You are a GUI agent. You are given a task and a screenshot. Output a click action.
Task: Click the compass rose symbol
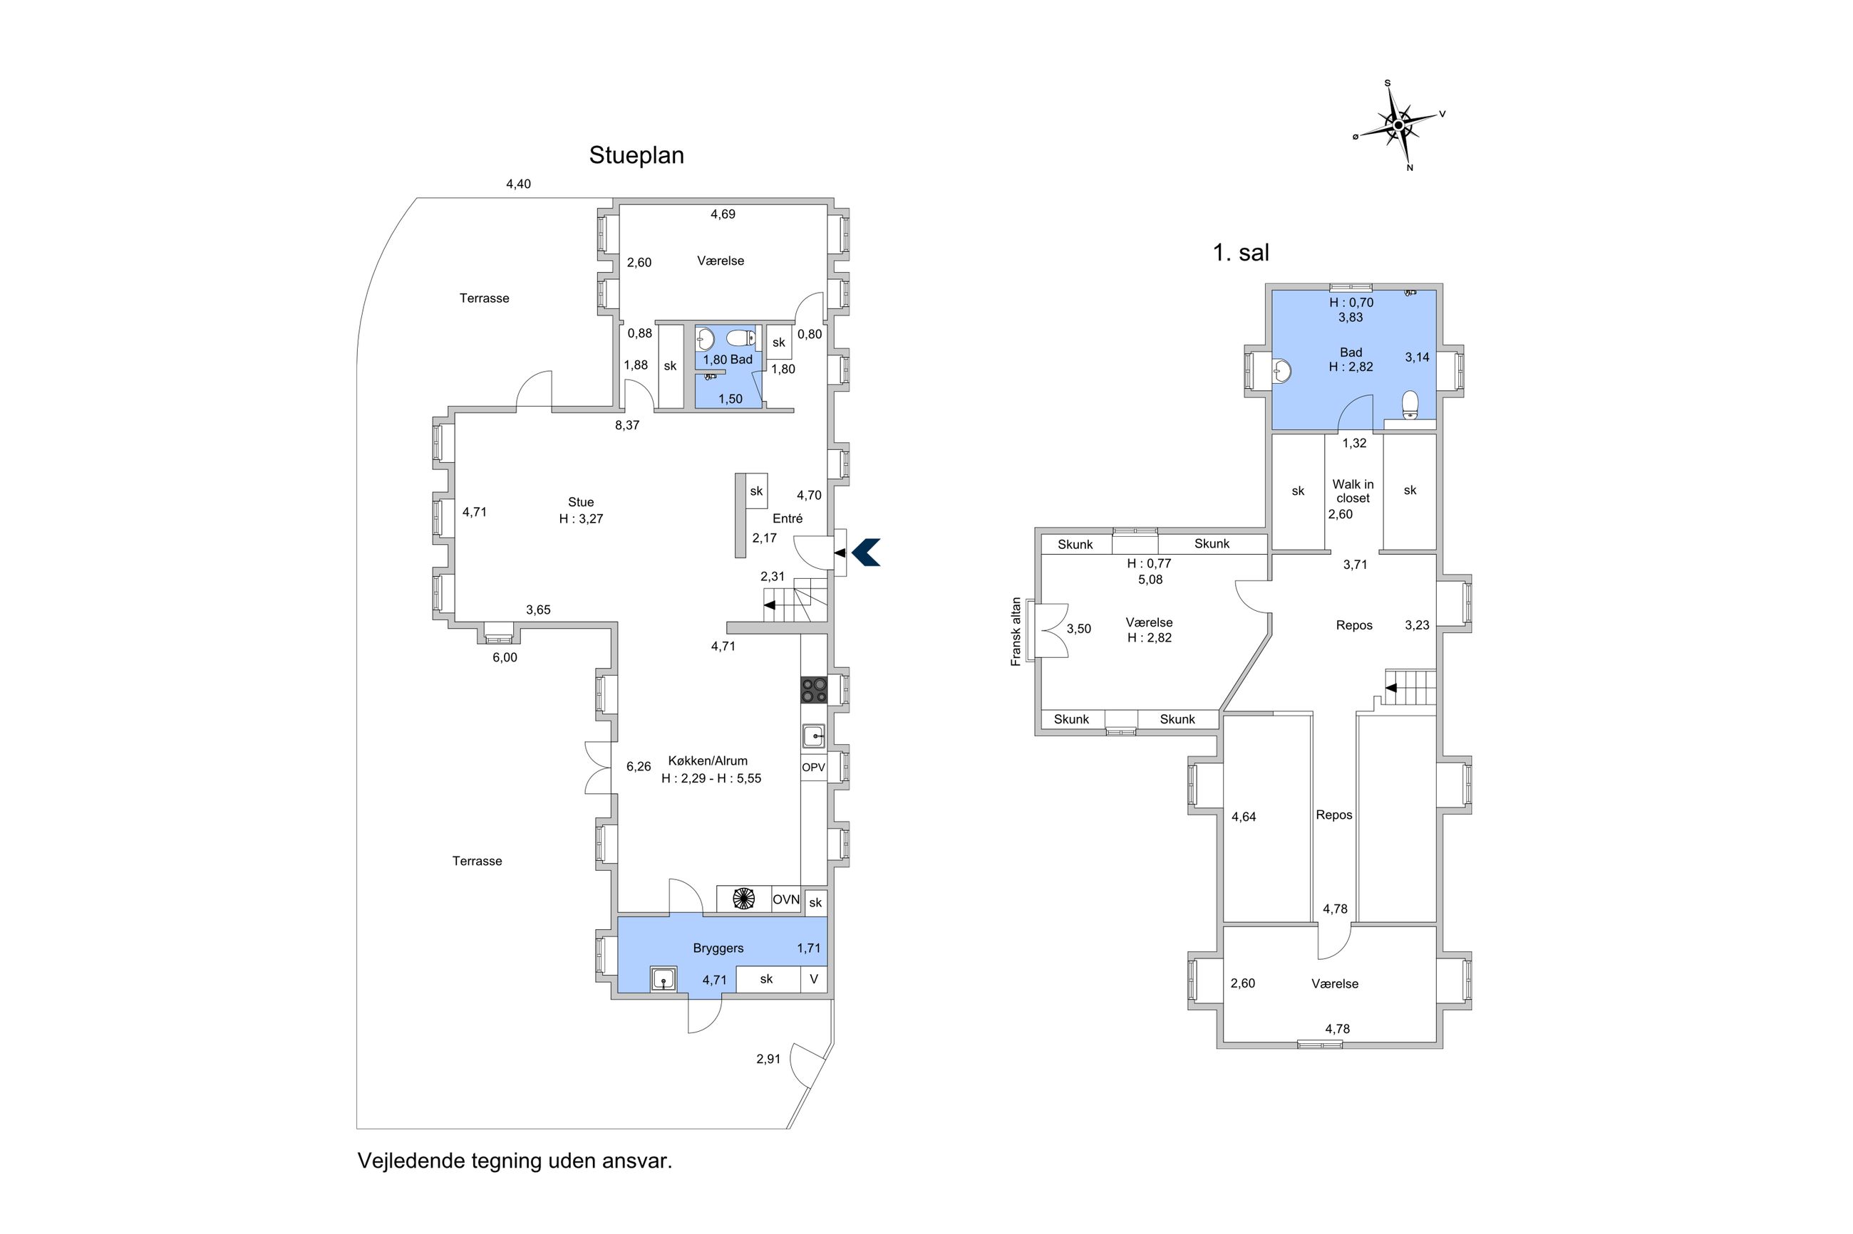point(1398,125)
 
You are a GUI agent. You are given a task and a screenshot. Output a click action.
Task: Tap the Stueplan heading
point(636,156)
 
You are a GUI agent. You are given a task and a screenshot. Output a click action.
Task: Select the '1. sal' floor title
point(1241,253)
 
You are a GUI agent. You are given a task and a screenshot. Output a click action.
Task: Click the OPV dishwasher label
point(813,768)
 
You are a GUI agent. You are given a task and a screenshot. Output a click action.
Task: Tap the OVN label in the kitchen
point(786,899)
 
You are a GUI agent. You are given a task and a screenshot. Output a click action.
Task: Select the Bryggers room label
point(718,948)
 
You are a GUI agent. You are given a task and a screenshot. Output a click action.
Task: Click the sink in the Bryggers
point(664,979)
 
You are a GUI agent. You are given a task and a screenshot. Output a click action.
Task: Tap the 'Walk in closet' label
point(1353,491)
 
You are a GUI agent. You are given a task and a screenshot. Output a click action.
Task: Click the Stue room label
point(581,502)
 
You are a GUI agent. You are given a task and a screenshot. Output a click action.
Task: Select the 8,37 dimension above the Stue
point(628,426)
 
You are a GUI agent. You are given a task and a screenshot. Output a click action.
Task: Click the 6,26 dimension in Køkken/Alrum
point(639,766)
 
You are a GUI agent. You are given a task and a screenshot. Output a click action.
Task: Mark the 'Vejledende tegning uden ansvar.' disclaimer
point(515,1161)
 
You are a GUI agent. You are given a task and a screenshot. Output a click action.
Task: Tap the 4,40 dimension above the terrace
point(518,184)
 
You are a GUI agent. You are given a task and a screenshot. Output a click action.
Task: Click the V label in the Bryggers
point(815,980)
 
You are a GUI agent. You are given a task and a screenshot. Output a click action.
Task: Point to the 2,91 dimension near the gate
point(768,1060)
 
